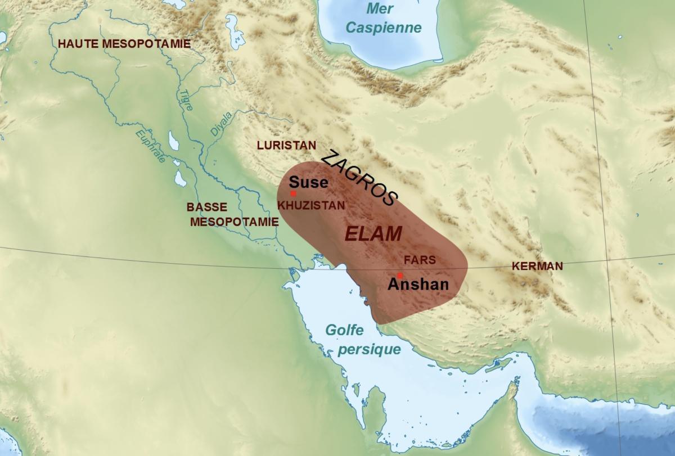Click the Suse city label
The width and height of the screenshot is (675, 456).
(308, 183)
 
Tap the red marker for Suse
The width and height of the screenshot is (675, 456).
(293, 193)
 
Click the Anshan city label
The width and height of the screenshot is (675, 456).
(418, 285)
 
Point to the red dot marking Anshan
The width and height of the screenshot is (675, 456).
(399, 276)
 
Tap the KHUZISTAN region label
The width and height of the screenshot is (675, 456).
(311, 205)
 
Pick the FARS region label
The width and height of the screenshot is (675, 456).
(420, 260)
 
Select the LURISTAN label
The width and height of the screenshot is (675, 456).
(286, 145)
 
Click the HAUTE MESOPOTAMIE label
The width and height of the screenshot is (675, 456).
(124, 43)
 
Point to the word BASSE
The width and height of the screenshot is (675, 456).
(207, 207)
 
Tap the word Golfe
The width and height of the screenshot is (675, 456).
(344, 331)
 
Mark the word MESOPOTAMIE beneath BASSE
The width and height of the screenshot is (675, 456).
(234, 222)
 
